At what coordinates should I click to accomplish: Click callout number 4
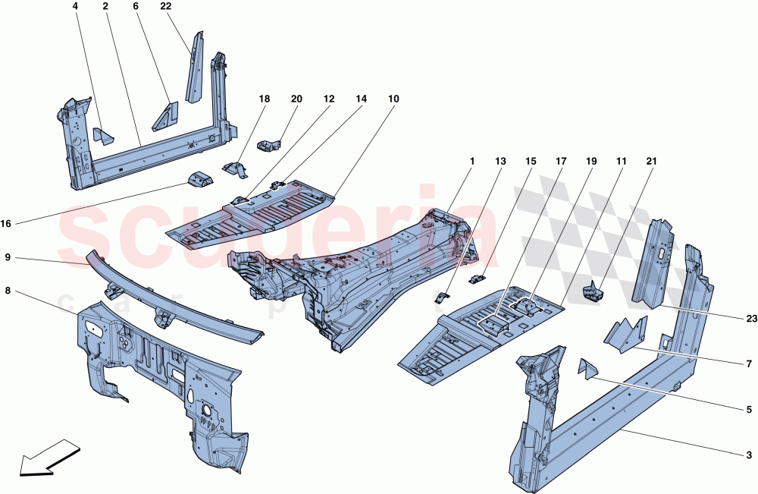(x=76, y=6)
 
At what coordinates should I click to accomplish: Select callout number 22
(x=166, y=6)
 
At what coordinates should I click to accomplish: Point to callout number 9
(x=7, y=257)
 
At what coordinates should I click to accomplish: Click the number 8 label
(x=7, y=289)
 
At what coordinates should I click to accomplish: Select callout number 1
(x=471, y=162)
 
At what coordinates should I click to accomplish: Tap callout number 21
(x=652, y=162)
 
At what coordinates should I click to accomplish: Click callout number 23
(x=751, y=319)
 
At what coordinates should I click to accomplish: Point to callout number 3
(x=749, y=455)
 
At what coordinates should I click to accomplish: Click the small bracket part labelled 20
(x=269, y=143)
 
